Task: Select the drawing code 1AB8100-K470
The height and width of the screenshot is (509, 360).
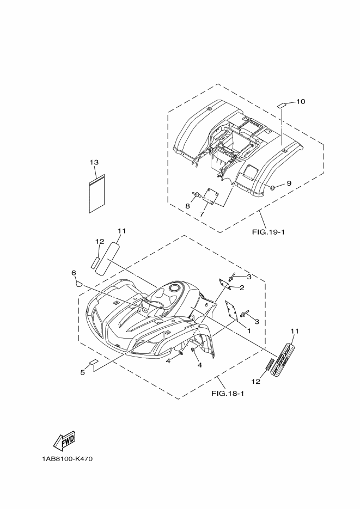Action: pyautogui.click(x=67, y=459)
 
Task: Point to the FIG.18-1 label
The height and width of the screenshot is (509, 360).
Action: pyautogui.click(x=227, y=393)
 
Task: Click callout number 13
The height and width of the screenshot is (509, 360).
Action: pyautogui.click(x=94, y=162)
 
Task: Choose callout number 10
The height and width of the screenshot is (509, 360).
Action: pyautogui.click(x=301, y=101)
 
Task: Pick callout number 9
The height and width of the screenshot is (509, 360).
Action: pyautogui.click(x=289, y=183)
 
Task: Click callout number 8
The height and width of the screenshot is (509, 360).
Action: pyautogui.click(x=187, y=206)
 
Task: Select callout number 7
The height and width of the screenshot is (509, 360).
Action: pyautogui.click(x=202, y=214)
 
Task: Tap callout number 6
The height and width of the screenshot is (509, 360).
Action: pyautogui.click(x=74, y=272)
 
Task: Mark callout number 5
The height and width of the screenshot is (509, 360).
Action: pyautogui.click(x=83, y=372)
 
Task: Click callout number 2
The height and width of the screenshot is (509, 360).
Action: pyautogui.click(x=242, y=287)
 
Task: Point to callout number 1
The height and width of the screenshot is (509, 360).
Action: pyautogui.click(x=249, y=330)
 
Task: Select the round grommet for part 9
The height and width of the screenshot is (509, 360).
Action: pyautogui.click(x=272, y=188)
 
